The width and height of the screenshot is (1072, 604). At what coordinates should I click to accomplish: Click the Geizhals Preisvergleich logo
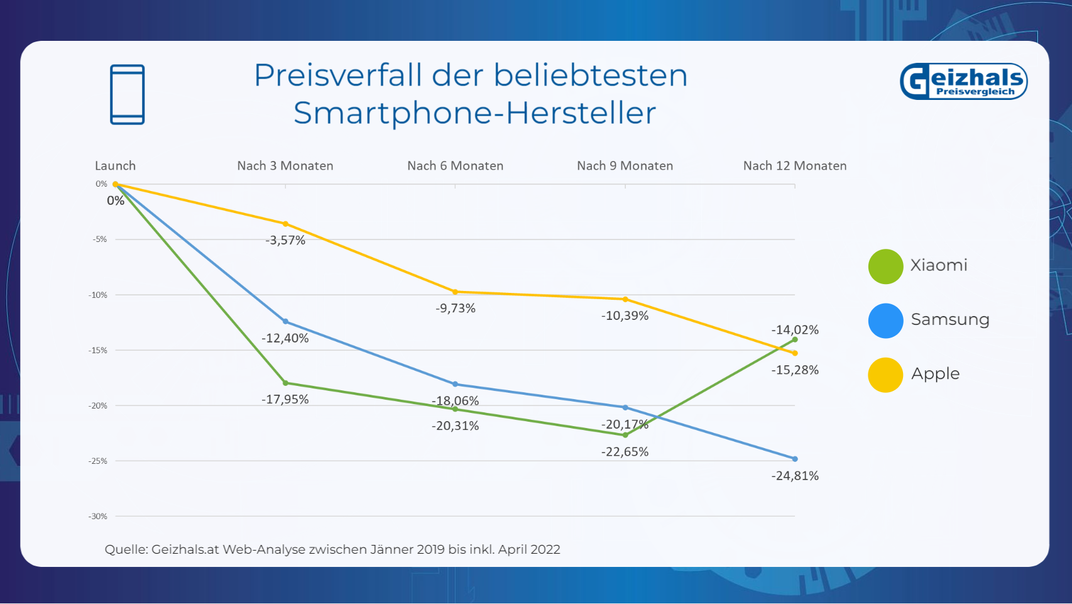pyautogui.click(x=963, y=81)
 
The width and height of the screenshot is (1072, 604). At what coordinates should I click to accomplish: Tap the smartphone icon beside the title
pyautogui.click(x=128, y=94)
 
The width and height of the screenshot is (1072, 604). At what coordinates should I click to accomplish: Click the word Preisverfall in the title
pyautogui.click(x=338, y=75)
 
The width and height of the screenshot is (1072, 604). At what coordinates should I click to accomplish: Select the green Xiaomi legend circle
pyautogui.click(x=885, y=266)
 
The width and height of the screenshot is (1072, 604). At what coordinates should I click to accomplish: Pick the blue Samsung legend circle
pyautogui.click(x=885, y=321)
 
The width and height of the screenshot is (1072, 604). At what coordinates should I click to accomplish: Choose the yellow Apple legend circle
pyautogui.click(x=885, y=375)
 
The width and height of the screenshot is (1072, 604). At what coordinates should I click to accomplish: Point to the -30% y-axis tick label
pyautogui.click(x=98, y=516)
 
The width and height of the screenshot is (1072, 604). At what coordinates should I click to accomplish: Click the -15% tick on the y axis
pyautogui.click(x=98, y=350)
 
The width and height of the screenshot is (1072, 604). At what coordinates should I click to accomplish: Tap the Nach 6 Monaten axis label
pyautogui.click(x=455, y=166)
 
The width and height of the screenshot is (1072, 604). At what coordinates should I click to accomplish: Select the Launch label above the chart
pyautogui.click(x=115, y=166)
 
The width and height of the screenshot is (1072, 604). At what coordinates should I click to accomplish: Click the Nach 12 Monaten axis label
pyautogui.click(x=795, y=166)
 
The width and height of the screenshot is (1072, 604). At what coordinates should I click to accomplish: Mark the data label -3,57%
pyautogui.click(x=285, y=240)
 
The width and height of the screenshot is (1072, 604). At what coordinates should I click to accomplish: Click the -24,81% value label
pyautogui.click(x=795, y=476)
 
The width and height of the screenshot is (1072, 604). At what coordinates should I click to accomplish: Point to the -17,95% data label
pyautogui.click(x=285, y=399)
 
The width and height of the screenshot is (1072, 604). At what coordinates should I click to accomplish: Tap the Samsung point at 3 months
pyautogui.click(x=285, y=321)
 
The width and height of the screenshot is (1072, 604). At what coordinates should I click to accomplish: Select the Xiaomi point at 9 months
pyautogui.click(x=625, y=435)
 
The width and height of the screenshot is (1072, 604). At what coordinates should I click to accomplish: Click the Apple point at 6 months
pyautogui.click(x=456, y=292)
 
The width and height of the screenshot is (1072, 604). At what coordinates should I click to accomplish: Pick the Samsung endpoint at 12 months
pyautogui.click(x=795, y=459)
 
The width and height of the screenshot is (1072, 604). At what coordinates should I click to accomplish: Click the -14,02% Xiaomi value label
pyautogui.click(x=795, y=329)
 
